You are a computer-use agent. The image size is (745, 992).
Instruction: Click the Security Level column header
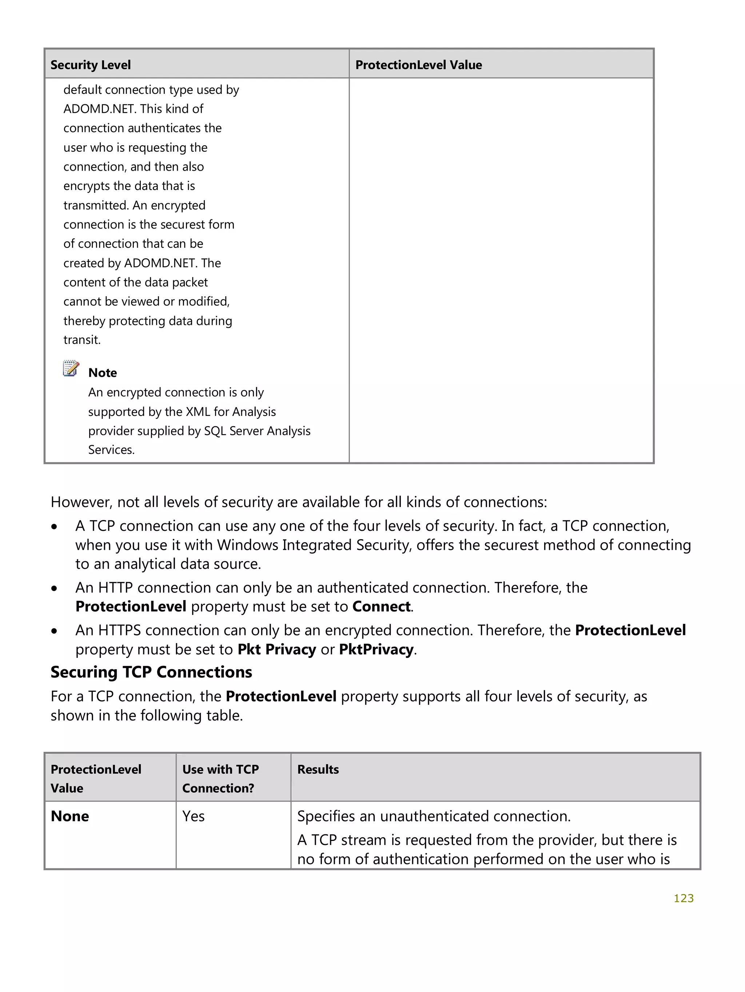coord(91,65)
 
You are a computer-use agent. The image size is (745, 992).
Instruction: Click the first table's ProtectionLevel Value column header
coord(418,65)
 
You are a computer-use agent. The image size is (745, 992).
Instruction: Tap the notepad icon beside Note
coord(71,369)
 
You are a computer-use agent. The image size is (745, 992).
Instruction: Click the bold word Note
coord(103,373)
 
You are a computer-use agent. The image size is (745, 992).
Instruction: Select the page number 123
coord(683,898)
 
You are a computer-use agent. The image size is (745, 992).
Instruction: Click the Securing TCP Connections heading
coord(151,672)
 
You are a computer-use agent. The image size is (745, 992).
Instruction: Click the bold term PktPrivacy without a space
coord(376,649)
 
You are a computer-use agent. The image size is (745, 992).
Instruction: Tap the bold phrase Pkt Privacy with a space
coord(276,649)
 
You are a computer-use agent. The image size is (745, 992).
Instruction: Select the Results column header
coord(318,770)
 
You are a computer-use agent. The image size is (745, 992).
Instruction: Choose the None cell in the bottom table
coord(70,816)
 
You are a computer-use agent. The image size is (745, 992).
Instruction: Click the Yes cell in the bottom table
coord(193,816)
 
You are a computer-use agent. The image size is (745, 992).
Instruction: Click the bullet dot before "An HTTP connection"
coord(54,588)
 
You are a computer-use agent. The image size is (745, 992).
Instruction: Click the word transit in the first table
coord(81,340)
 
